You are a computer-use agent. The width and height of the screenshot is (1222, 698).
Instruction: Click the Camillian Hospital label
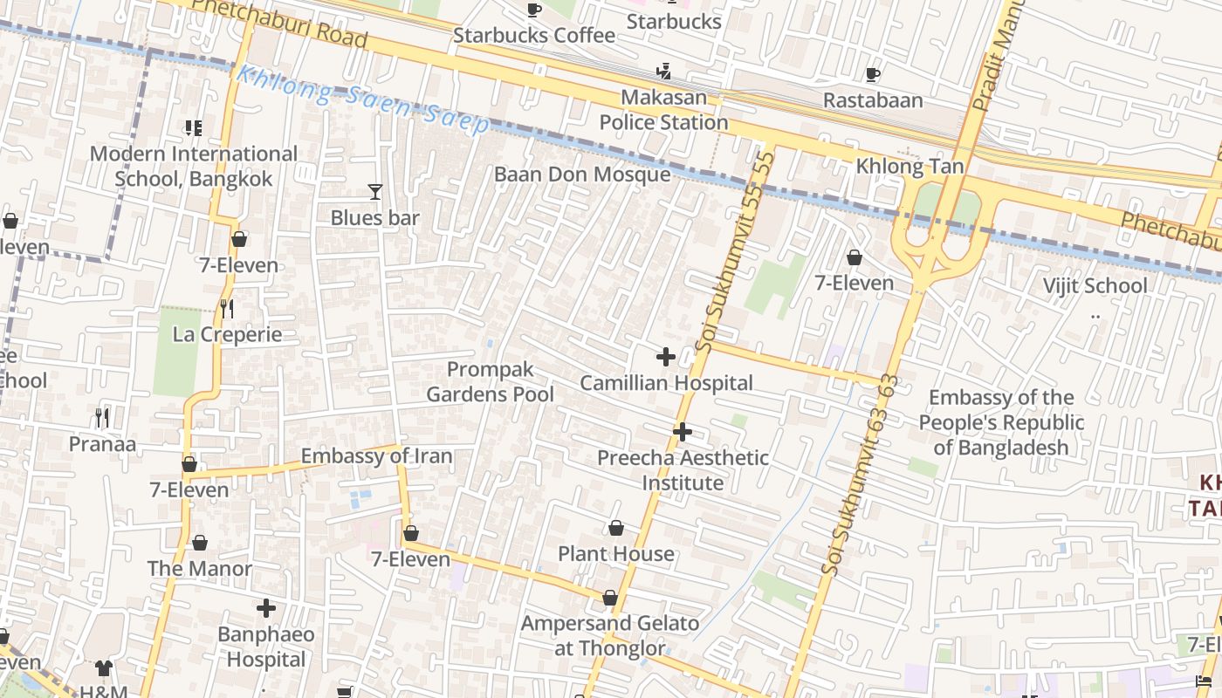click(666, 383)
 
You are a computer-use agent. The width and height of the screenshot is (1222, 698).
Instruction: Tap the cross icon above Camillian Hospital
click(665, 357)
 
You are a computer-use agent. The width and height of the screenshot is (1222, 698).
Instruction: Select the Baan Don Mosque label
click(582, 174)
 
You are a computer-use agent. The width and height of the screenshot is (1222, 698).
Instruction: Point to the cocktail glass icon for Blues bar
click(375, 192)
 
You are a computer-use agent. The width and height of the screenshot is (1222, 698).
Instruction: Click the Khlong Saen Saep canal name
click(362, 100)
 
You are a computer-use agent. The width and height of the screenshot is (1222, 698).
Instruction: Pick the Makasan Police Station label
click(663, 110)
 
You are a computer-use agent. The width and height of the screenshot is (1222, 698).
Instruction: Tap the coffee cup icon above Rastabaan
click(872, 75)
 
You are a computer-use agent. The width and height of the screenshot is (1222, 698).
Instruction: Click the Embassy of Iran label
click(377, 456)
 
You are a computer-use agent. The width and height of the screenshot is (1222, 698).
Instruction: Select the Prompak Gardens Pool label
click(490, 382)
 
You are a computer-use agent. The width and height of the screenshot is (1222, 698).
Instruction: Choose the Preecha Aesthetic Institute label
click(683, 470)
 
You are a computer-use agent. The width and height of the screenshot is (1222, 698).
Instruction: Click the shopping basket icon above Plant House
click(616, 528)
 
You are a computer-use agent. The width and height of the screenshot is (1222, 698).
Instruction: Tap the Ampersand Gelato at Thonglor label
click(610, 636)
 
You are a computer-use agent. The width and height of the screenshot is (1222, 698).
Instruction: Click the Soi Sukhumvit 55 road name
click(734, 253)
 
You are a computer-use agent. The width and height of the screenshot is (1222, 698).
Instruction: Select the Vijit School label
click(1095, 286)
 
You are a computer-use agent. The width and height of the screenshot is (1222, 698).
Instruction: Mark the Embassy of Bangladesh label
click(1000, 423)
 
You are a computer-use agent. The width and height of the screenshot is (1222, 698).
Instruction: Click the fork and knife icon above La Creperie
click(227, 309)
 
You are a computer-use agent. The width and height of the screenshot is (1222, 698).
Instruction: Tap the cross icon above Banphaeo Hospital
click(266, 608)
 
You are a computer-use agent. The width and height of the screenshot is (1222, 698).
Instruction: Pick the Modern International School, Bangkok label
click(194, 167)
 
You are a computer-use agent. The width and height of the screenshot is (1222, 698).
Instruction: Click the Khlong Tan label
click(910, 167)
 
